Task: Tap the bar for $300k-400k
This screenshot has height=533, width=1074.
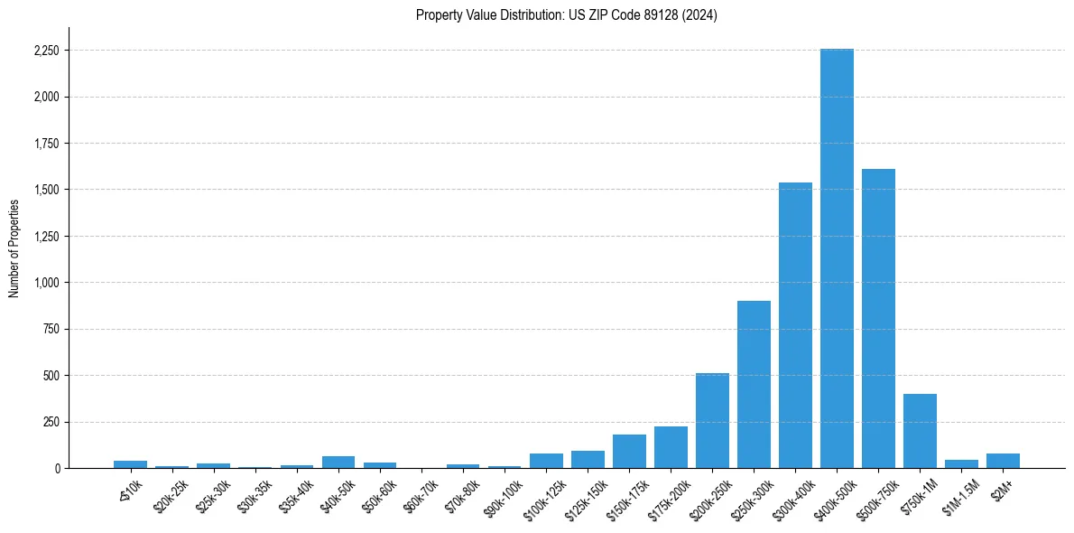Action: click(x=795, y=325)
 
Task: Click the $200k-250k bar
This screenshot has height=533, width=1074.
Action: click(x=712, y=420)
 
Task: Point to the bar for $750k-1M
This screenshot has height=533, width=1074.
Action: click(x=920, y=431)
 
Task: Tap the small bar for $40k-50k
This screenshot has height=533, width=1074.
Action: click(x=338, y=462)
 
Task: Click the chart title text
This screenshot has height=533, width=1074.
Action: click(x=566, y=15)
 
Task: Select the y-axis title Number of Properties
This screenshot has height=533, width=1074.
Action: click(x=14, y=248)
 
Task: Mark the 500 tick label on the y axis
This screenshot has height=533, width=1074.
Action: click(x=51, y=376)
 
